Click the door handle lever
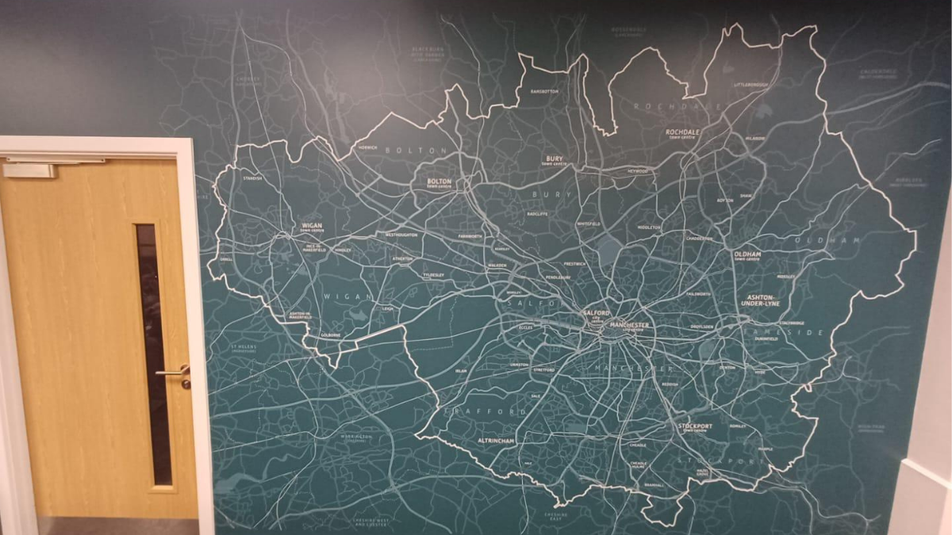pyautogui.click(x=171, y=372)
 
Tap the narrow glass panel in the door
pyautogui.click(x=153, y=353)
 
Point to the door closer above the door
pyautogui.click(x=29, y=170)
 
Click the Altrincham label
pyautogui.click(x=497, y=440)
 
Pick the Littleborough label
pyautogui.click(x=751, y=84)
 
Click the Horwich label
pyautogui.click(x=367, y=147)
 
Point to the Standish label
pyautogui.click(x=253, y=178)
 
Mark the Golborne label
pyautogui.click(x=331, y=335)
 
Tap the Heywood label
pyautogui.click(x=638, y=170)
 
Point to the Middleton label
pyautogui.click(x=648, y=227)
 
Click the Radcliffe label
pyautogui.click(x=537, y=214)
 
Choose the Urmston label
pyautogui.click(x=519, y=365)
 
